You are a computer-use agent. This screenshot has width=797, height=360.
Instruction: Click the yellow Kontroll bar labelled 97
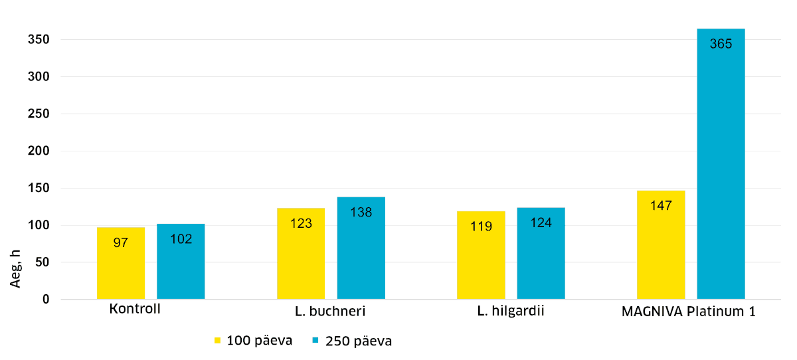coord(120,263)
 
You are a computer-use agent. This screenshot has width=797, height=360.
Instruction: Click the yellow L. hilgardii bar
coord(481,255)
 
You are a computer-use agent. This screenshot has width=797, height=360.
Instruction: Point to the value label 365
coord(721,45)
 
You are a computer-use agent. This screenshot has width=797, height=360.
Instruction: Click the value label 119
coord(481,226)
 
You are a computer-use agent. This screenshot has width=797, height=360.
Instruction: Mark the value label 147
coord(661,205)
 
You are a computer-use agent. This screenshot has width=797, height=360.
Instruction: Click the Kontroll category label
coord(135,310)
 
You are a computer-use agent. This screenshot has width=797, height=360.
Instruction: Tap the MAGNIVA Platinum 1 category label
coord(689,311)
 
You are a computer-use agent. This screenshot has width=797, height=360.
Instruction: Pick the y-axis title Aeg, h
coord(16,268)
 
